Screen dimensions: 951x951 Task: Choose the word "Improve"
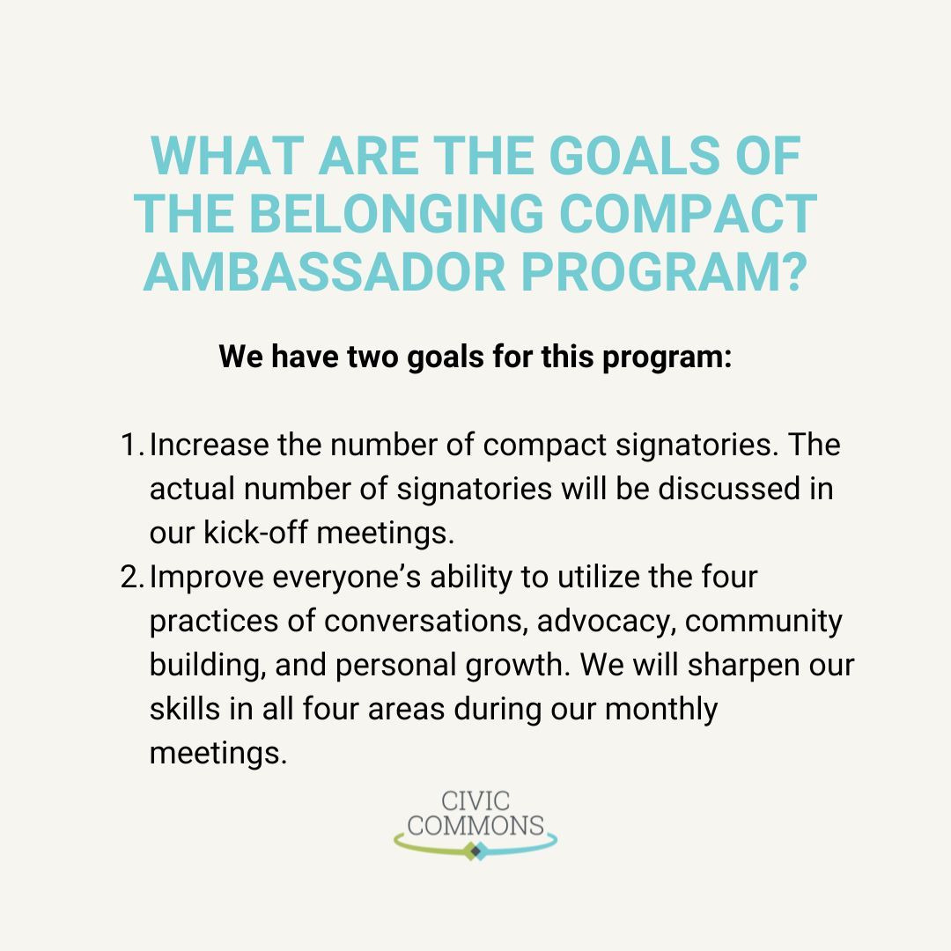pos(207,579)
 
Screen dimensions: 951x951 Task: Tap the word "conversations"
pos(426,622)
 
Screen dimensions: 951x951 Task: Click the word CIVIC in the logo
pos(476,801)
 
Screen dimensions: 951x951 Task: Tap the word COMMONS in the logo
pos(475,825)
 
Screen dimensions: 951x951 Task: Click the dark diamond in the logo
pos(475,851)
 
